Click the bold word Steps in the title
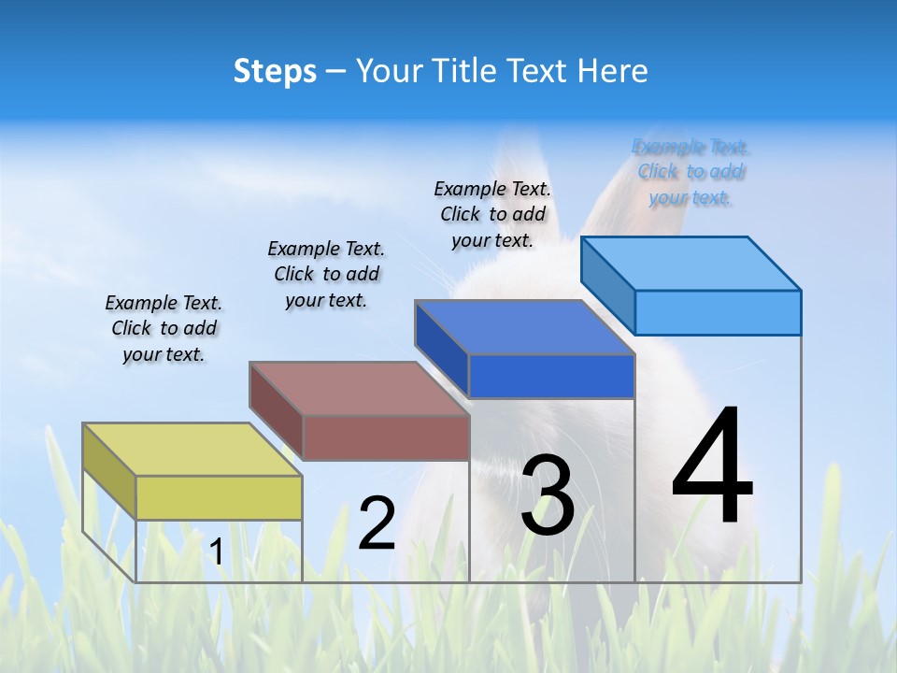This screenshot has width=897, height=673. pos(275,71)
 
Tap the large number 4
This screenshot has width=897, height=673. pos(712,466)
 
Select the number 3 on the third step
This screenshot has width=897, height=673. pos(548,495)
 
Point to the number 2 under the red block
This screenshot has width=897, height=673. pos(377,523)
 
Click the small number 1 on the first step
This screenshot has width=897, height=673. pos(217,551)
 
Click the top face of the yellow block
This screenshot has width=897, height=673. pos(192,449)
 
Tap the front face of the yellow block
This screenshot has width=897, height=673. pos(219,497)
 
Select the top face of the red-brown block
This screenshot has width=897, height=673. pos(358,388)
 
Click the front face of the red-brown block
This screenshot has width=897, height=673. pos(386,437)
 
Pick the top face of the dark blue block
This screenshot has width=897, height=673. pos(524,327)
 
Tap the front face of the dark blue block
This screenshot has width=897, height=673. pos(551,376)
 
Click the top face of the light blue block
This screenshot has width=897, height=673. pos(691,263)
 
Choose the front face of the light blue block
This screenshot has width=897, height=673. pos(718,312)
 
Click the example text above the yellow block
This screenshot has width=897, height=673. pos(164,328)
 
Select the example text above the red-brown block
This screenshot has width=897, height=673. pos(326,274)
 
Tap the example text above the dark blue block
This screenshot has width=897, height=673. pos(492,214)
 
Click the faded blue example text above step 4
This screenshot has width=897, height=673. pos(691,172)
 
